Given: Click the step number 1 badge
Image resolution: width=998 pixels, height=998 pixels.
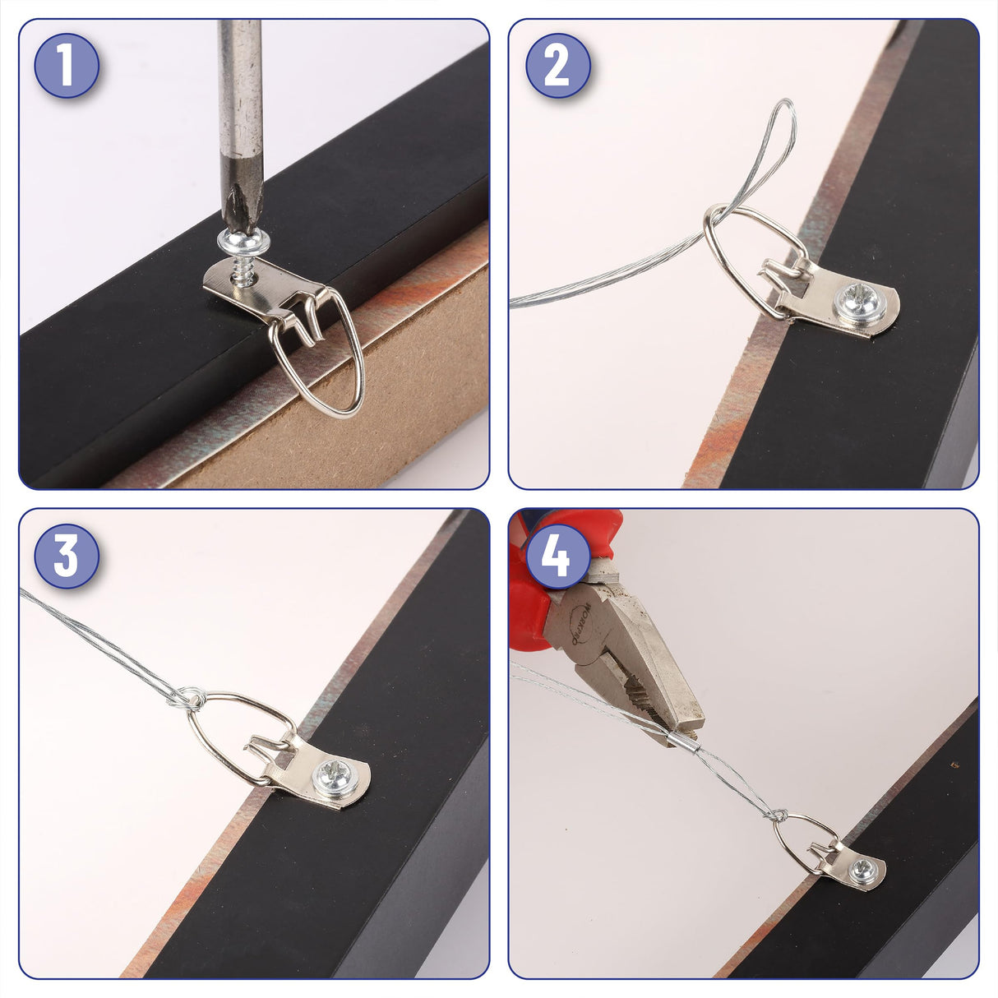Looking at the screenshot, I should [x=67, y=66].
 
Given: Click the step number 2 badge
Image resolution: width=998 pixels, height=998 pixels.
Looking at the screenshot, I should [x=557, y=66].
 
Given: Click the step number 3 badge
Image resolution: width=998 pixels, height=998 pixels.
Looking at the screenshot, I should [x=67, y=556].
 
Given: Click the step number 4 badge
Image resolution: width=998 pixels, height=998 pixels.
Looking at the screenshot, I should [x=557, y=556].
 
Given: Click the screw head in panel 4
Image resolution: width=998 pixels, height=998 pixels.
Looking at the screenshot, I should [x=861, y=867].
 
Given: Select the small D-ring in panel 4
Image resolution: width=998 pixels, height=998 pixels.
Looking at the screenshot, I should [x=802, y=839].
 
